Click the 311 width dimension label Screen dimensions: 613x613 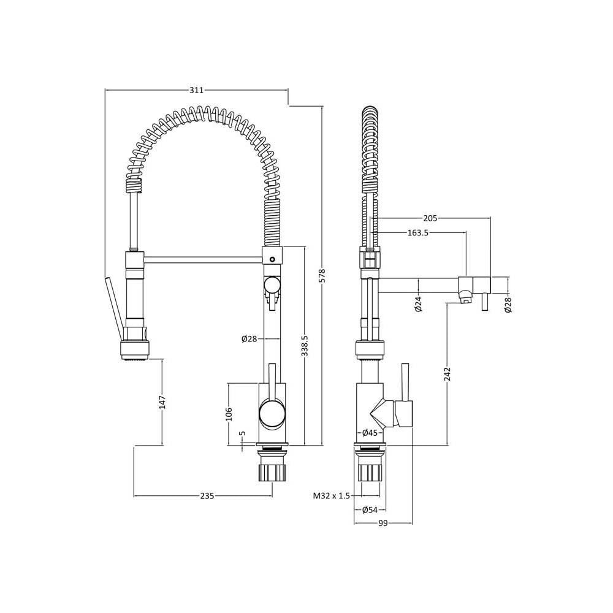[197, 90]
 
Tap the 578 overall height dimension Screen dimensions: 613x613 [322, 275]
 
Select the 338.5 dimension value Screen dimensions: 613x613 [305, 345]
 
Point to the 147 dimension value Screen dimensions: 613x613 [162, 402]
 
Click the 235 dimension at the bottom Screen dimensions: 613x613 [207, 496]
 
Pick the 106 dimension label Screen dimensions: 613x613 [229, 414]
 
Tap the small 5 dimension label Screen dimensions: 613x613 [242, 433]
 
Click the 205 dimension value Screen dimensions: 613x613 [430, 218]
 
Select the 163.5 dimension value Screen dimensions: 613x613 [418, 233]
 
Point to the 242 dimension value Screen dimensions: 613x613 [448, 374]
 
